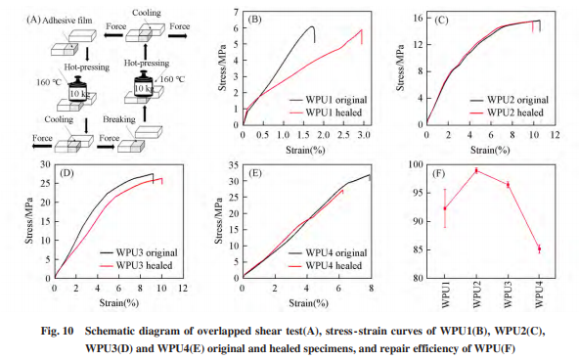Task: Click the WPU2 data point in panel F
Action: (x=476, y=170)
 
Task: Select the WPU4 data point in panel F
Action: (x=539, y=248)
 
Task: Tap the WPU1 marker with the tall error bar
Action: (x=445, y=208)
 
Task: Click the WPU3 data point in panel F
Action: (x=508, y=185)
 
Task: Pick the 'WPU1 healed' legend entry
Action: (x=326, y=112)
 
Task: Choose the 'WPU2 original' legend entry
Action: (x=510, y=100)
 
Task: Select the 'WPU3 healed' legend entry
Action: (x=136, y=265)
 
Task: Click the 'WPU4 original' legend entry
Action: (x=328, y=253)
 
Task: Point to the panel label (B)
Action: (x=255, y=20)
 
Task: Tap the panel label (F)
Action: (x=438, y=173)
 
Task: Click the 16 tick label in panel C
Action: (x=419, y=18)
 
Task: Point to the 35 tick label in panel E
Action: (x=235, y=165)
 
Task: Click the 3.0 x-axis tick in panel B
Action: (x=364, y=135)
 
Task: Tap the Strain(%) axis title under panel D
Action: (x=119, y=302)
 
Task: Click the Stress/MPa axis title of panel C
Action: (x=401, y=67)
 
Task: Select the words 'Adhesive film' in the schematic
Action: (x=67, y=21)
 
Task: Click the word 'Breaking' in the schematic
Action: (x=119, y=119)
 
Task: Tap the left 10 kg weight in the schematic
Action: (x=78, y=89)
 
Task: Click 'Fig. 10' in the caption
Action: (x=58, y=331)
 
